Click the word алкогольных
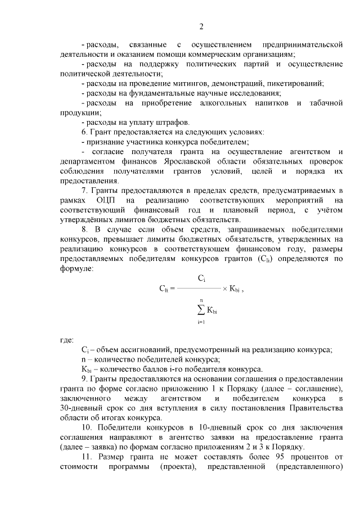(220, 103)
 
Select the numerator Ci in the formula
(201, 278)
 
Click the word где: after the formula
(66, 340)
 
